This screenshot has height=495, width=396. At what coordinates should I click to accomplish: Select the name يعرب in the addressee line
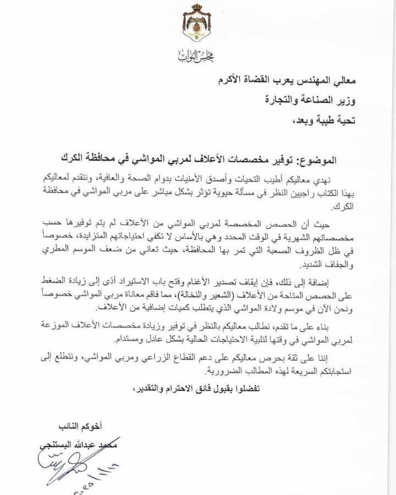tap(280, 81)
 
